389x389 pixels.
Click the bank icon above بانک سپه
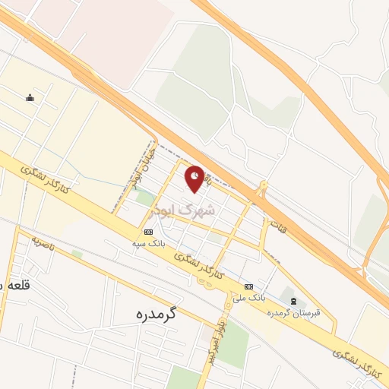point(148,232)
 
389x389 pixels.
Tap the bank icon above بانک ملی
point(249,286)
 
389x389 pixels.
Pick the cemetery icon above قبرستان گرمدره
point(294,302)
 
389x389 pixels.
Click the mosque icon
point(30,97)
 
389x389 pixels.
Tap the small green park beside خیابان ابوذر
point(144,198)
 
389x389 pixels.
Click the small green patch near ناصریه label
point(77,253)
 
